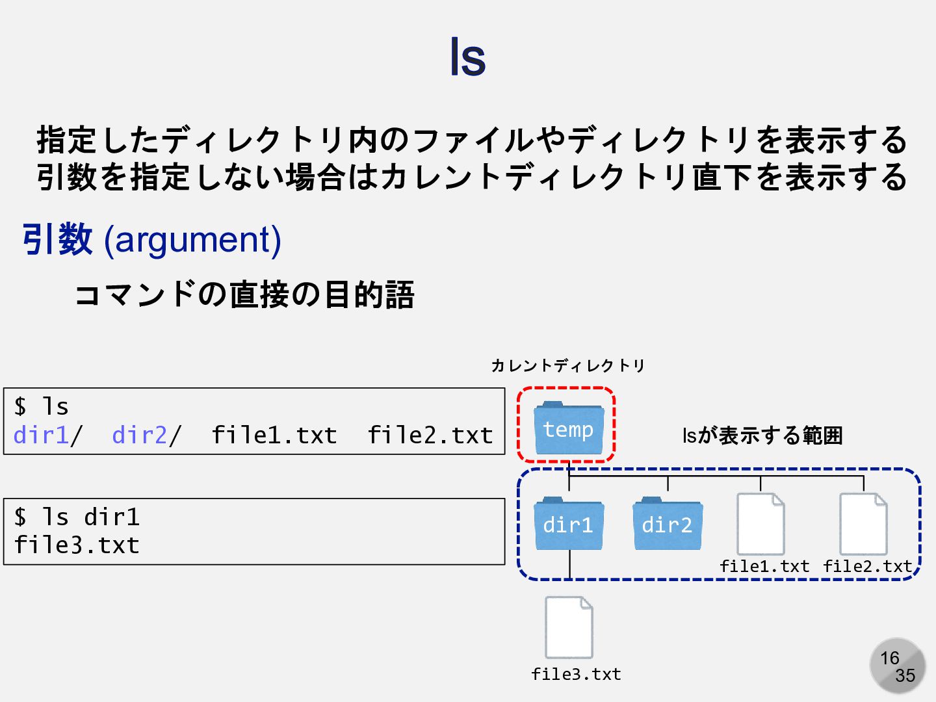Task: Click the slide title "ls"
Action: (467, 57)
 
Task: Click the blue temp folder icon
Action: (568, 428)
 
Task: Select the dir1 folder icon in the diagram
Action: (569, 523)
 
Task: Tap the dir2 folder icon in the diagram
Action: (668, 523)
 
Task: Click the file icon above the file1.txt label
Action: (760, 523)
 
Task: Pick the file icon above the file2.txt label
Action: (863, 523)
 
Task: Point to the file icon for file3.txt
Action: (569, 627)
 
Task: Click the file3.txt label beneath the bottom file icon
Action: (576, 675)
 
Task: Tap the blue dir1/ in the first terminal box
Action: (47, 435)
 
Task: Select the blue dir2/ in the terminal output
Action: (146, 435)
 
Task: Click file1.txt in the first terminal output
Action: (274, 435)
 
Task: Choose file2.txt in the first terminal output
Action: (430, 435)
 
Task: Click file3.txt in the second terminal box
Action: (77, 545)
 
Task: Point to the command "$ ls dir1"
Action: (77, 517)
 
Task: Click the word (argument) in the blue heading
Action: (192, 239)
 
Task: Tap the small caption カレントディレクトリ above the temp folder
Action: (567, 365)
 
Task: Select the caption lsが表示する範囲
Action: (762, 435)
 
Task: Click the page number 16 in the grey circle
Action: (889, 658)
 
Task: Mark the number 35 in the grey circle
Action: (905, 676)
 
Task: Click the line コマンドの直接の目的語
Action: (244, 294)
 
